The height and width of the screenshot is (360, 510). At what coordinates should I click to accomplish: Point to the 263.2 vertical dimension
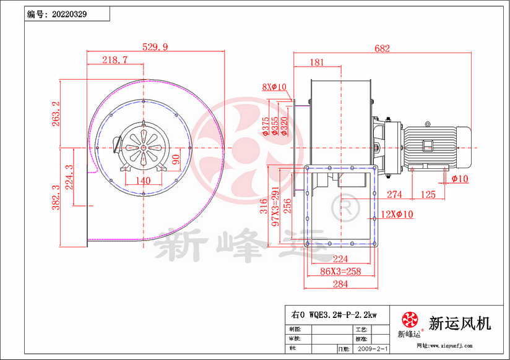(x=56, y=114)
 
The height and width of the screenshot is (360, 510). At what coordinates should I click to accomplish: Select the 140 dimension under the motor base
(x=143, y=181)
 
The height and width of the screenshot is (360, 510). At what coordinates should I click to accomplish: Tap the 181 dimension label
(x=316, y=62)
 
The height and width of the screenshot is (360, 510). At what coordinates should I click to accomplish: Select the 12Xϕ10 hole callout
(x=397, y=214)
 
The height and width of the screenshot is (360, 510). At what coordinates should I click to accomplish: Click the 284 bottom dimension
(x=340, y=284)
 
